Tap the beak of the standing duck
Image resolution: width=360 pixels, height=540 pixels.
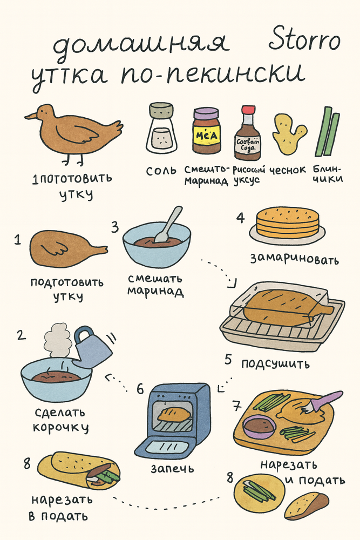point(30,116)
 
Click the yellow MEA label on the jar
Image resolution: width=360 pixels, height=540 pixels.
point(207,135)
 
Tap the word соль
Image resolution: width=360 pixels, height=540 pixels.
point(160,171)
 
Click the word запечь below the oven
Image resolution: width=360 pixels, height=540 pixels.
point(173,467)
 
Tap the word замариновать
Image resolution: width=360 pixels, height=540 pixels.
point(294,259)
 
